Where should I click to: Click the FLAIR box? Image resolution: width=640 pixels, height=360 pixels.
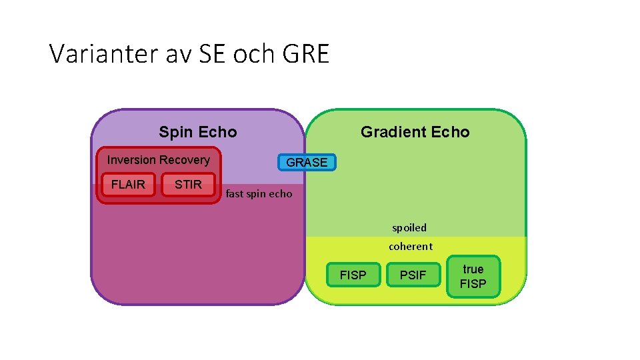[x=128, y=185]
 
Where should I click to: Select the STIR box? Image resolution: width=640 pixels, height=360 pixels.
[x=188, y=185]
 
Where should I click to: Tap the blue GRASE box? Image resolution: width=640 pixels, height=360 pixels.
[x=307, y=162]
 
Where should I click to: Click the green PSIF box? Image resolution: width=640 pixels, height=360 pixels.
[x=413, y=275]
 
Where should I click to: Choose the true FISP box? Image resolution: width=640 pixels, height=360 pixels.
[x=473, y=276]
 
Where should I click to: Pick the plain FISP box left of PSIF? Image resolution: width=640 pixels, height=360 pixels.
[x=353, y=275]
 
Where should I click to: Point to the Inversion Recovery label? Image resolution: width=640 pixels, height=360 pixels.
[x=158, y=160]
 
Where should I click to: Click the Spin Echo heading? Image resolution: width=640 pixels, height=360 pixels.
[x=197, y=132]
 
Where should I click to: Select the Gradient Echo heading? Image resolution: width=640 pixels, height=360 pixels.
[x=415, y=132]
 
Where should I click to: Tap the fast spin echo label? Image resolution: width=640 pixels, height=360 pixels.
[x=259, y=194]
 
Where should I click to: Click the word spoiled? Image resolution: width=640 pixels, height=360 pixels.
[x=409, y=228]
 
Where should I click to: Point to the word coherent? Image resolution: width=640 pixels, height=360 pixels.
[x=411, y=247]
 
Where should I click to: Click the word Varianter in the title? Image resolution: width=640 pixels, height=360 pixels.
[x=102, y=54]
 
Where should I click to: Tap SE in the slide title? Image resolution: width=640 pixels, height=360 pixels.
[x=213, y=54]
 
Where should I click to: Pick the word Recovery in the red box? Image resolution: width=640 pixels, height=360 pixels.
[x=185, y=160]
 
